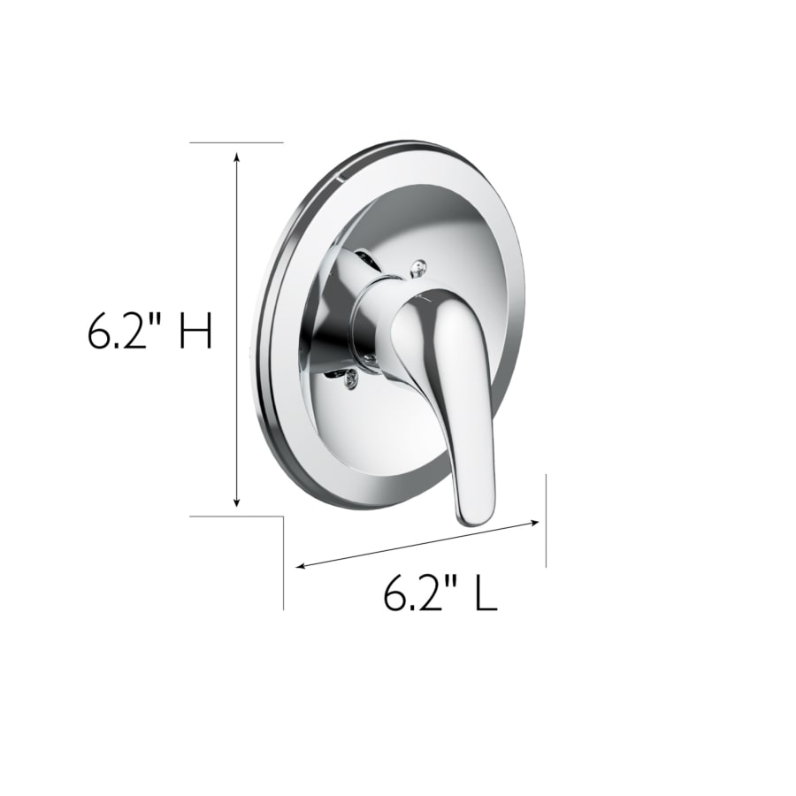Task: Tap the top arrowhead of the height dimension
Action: coord(236,157)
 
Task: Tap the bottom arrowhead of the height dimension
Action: coord(236,501)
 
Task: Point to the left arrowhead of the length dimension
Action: coord(301,565)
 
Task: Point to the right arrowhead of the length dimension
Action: coord(533,522)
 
